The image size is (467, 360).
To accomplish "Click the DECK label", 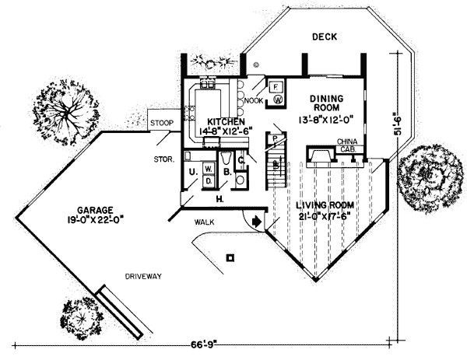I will (324, 37).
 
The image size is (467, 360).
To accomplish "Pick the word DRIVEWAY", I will (145, 276).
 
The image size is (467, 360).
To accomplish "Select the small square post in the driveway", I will (229, 257).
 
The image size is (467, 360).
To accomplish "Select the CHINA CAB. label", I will (347, 146).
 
